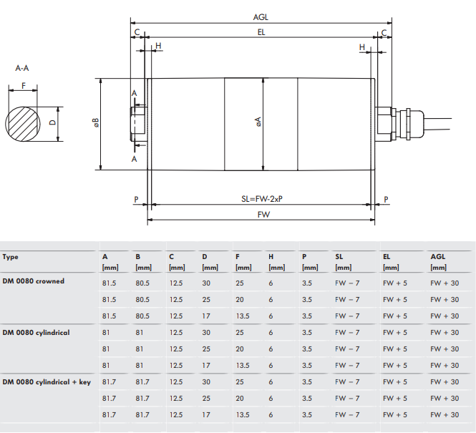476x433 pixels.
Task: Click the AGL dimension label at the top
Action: pos(261,16)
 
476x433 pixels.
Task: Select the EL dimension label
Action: pos(261,32)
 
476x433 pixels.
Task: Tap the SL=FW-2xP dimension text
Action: pos(263,199)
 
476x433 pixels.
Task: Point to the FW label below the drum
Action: pos(263,215)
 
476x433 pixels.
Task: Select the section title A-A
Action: pos(22,69)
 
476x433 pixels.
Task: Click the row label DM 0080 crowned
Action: pos(33,281)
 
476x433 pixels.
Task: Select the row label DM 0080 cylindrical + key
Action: pos(47,382)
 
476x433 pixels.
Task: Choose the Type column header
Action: pos(11,256)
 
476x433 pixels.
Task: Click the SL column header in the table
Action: pos(339,256)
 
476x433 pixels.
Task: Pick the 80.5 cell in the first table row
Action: pos(142,282)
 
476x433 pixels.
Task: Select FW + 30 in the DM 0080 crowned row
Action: pos(445,282)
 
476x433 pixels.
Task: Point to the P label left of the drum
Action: pos(136,199)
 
